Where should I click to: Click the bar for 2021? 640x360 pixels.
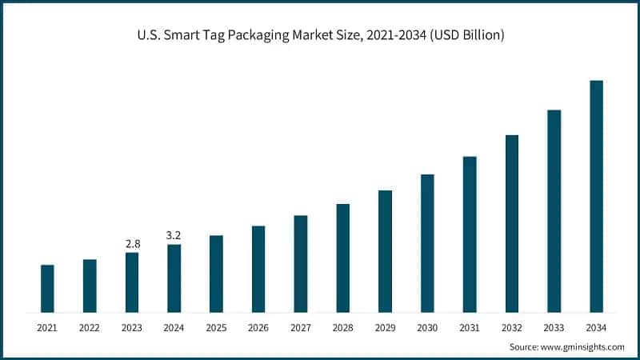click(47, 288)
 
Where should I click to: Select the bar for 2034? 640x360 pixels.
click(596, 196)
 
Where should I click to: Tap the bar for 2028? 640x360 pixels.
click(342, 258)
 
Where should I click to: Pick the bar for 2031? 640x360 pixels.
click(470, 234)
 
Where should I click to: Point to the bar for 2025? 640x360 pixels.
click(216, 274)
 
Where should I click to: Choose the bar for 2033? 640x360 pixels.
click(554, 210)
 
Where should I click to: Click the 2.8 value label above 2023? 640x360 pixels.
click(131, 242)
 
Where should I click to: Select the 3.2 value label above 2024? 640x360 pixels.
click(174, 234)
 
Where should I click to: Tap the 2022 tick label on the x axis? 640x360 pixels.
click(90, 328)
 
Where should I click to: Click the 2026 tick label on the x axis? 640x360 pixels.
click(258, 328)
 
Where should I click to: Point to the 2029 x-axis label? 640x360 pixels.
click(385, 328)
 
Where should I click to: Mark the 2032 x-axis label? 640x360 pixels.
click(512, 328)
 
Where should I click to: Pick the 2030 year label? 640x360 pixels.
click(427, 328)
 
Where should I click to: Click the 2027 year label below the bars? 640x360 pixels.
click(301, 328)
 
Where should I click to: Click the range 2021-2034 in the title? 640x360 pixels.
click(389, 35)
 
